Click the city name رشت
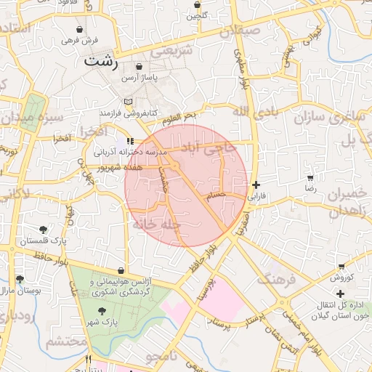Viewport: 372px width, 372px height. [100, 60]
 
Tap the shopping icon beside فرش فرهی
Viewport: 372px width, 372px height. [78, 29]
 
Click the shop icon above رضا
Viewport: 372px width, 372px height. [310, 177]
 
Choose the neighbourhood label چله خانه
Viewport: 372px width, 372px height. [155, 225]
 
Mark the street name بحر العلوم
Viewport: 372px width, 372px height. [179, 116]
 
